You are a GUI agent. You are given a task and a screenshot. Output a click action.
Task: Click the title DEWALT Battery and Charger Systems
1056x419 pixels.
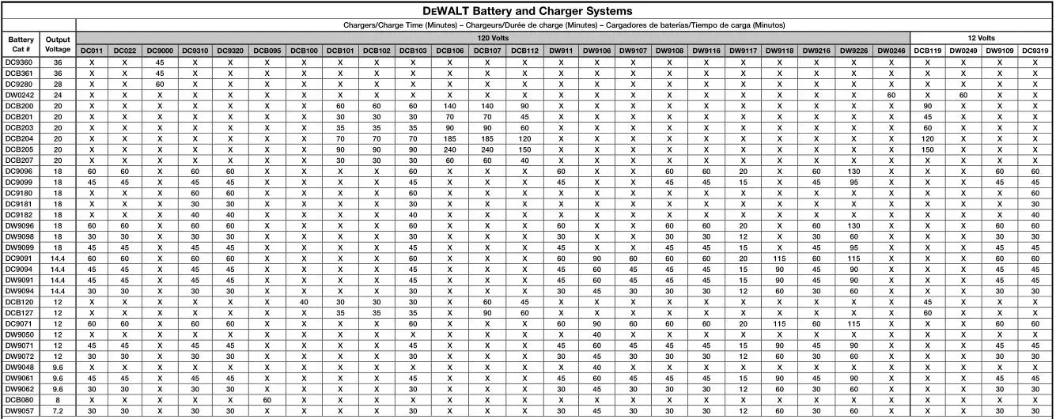(528, 11)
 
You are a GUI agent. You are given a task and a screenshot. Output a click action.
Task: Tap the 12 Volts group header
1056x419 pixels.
(981, 37)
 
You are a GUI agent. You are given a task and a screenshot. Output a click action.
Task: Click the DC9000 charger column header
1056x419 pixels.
(159, 51)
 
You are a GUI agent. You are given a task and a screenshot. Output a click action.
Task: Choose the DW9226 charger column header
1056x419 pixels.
(854, 51)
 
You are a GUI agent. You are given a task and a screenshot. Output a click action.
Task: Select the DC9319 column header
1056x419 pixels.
(1035, 51)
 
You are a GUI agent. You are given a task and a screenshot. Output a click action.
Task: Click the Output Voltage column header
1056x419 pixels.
(58, 44)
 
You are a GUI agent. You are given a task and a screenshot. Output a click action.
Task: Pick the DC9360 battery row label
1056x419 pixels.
(19, 62)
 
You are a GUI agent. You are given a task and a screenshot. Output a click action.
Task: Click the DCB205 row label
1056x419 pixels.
(19, 149)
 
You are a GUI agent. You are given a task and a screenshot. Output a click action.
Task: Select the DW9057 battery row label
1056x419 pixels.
(19, 410)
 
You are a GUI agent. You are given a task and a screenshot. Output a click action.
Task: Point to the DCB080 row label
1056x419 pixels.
(19, 399)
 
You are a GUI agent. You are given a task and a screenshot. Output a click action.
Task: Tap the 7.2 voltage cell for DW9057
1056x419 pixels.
(58, 410)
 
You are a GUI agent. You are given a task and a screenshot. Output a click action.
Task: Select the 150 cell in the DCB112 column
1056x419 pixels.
(523, 149)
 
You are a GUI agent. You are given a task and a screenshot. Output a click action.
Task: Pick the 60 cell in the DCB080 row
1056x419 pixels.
(267, 399)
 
